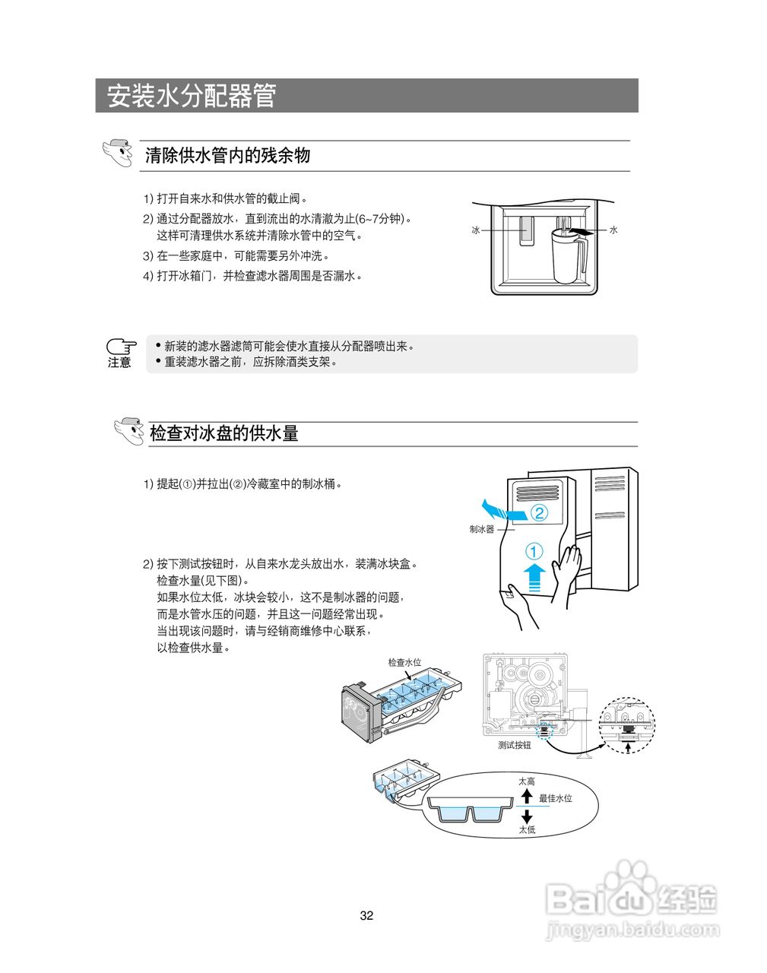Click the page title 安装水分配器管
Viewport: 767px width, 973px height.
point(191,96)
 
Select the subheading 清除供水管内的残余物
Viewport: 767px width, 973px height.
point(227,156)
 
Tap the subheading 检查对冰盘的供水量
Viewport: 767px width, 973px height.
point(223,433)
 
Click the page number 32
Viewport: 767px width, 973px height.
point(366,915)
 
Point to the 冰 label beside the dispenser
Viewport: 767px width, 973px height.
point(476,230)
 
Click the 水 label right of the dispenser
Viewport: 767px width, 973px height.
point(613,230)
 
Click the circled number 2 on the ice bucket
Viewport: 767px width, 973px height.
point(538,512)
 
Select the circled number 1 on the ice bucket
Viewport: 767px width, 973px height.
point(534,550)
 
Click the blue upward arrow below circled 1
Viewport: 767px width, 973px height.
point(534,577)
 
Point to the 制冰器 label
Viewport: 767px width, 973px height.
point(481,529)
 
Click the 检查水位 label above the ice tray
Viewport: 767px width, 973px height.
point(404,662)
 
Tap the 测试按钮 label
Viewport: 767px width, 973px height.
point(515,745)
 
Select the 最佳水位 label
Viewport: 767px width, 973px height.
point(555,798)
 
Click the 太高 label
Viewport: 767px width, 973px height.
point(527,781)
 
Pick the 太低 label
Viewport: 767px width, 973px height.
point(527,829)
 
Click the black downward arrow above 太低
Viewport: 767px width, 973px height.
point(527,816)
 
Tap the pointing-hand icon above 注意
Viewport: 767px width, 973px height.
point(120,347)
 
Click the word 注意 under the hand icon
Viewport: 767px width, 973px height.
point(119,363)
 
